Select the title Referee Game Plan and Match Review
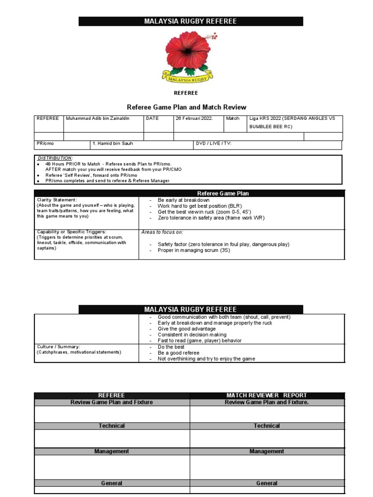click(x=186, y=107)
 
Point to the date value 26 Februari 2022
click(x=194, y=118)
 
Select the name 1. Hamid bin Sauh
click(x=113, y=144)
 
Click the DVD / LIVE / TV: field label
click(x=214, y=144)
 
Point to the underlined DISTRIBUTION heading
click(x=55, y=158)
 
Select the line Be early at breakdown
click(x=184, y=200)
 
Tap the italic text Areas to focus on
click(x=162, y=232)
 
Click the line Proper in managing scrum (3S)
click(x=194, y=250)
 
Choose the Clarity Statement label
click(x=57, y=200)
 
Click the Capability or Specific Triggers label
click(x=71, y=232)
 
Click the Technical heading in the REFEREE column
click(x=112, y=426)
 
